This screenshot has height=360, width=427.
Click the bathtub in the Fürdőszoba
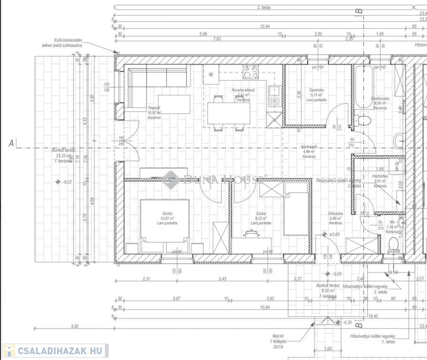tap(364, 87)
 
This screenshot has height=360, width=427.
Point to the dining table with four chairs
tap(228, 112)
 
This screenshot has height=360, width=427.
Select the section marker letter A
tap(10, 143)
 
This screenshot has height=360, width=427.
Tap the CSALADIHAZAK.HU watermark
tap(55, 350)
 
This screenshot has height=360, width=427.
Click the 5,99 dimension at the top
tap(203, 34)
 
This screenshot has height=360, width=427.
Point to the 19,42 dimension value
tap(373, 316)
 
